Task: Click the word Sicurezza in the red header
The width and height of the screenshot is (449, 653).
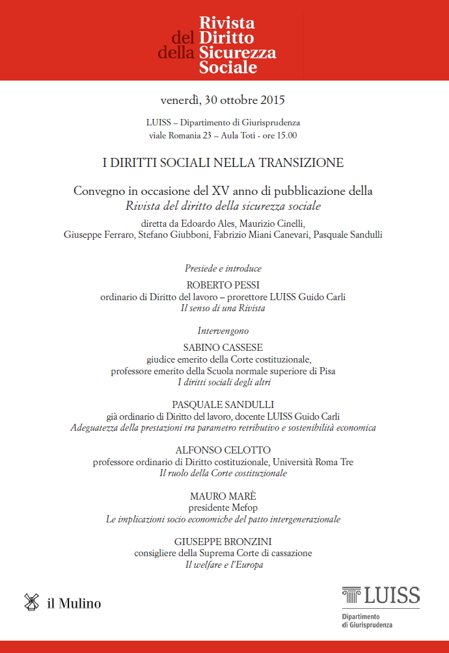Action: pyautogui.click(x=238, y=53)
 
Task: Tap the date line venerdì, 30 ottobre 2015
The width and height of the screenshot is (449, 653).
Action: pyautogui.click(x=223, y=101)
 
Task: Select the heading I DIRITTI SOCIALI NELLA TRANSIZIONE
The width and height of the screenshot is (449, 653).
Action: pyautogui.click(x=223, y=163)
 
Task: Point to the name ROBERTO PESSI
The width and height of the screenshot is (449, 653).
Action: pyautogui.click(x=223, y=285)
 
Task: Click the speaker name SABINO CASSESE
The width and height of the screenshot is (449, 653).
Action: pyautogui.click(x=223, y=347)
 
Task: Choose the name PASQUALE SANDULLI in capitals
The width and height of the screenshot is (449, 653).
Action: pyautogui.click(x=223, y=404)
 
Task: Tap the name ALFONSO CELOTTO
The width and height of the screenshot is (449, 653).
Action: pyautogui.click(x=223, y=450)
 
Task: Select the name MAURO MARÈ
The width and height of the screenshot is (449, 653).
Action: pyautogui.click(x=223, y=496)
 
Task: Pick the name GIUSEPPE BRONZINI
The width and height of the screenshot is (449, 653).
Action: pyautogui.click(x=223, y=541)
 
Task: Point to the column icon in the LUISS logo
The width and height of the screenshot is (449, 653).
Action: pyautogui.click(x=352, y=595)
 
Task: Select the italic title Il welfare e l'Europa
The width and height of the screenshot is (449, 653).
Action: pyautogui.click(x=223, y=565)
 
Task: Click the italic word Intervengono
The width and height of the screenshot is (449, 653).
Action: pyautogui.click(x=223, y=331)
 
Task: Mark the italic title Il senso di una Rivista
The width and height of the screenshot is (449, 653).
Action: pyautogui.click(x=223, y=309)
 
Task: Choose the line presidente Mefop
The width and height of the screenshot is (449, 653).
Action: pyautogui.click(x=223, y=507)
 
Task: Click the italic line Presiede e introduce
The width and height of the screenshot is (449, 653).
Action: pyautogui.click(x=223, y=268)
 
